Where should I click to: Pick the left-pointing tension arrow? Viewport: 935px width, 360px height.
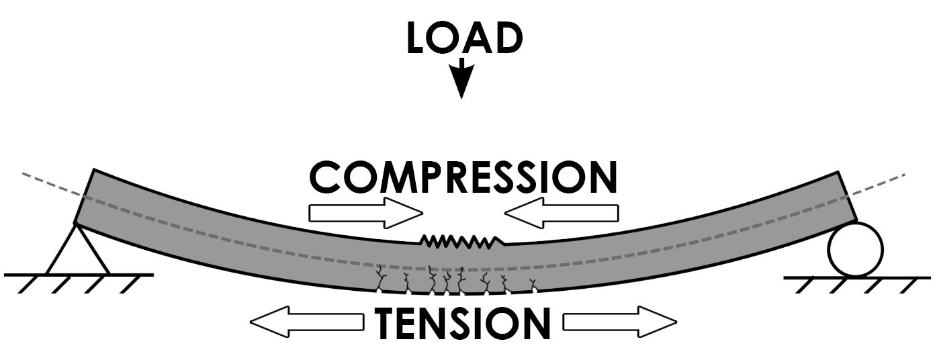point(306,323)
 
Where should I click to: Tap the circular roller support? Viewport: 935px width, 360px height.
point(854,250)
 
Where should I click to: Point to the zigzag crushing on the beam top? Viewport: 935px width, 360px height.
point(462,240)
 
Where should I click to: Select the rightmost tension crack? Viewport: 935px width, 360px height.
point(534,285)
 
